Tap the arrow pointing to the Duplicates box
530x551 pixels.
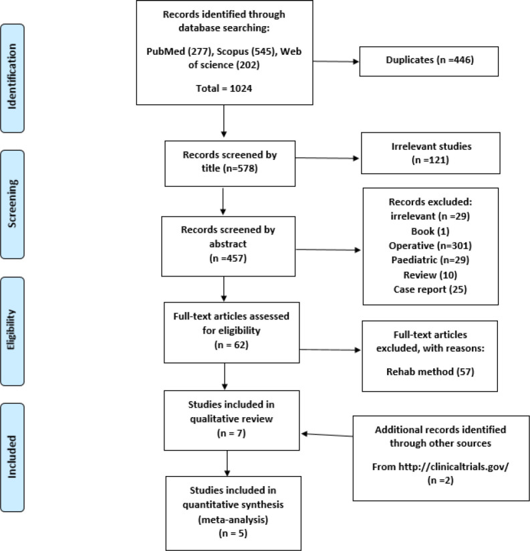[334, 63]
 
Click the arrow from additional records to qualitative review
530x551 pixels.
[327, 435]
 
